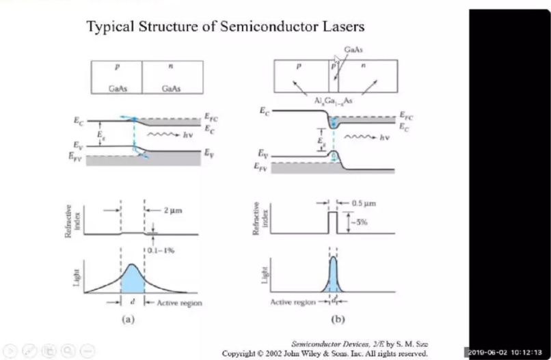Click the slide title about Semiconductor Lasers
(x=225, y=27)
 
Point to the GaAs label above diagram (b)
(x=353, y=50)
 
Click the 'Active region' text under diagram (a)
(x=179, y=301)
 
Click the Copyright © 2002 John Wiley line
(x=325, y=353)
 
